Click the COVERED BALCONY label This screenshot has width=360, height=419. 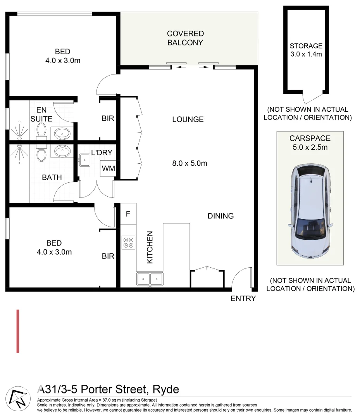click(x=185, y=38)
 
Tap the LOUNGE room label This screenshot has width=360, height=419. click(x=188, y=119)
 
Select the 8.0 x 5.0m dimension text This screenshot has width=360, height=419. click(x=189, y=163)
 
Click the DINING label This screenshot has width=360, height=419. click(x=220, y=216)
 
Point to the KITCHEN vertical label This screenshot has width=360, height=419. click(x=150, y=248)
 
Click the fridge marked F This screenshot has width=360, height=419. click(x=128, y=214)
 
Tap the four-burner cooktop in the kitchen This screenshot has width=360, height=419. click(x=128, y=242)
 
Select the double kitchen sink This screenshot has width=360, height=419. click(x=150, y=279)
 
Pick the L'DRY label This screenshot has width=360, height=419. click(x=101, y=152)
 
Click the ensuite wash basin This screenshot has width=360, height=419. click(x=62, y=134)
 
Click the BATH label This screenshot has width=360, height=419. click(x=52, y=177)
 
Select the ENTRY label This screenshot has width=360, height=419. click(x=243, y=298)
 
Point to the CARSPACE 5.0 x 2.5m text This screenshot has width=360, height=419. click(x=310, y=143)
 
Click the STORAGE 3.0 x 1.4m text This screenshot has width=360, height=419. click(x=306, y=50)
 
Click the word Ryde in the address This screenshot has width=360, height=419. click(x=165, y=389)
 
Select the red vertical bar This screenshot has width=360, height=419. click(x=18, y=331)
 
